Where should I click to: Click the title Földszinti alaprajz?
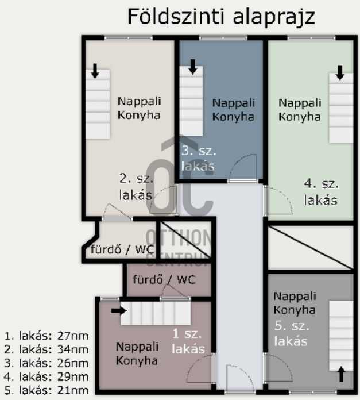coord(221,17)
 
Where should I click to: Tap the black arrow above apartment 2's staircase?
coord(95,71)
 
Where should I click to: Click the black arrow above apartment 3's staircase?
coord(193,67)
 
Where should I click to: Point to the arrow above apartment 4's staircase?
coord(340,73)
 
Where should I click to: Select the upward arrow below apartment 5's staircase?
coord(341,374)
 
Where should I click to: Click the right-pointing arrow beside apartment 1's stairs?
coord(119,311)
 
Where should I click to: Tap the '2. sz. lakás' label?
coord(136,187)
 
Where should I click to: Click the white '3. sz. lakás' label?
coord(199,159)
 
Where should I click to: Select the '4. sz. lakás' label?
coord(321,192)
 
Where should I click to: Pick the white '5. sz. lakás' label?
coord(291,334)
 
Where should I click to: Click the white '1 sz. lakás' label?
coord(188,341)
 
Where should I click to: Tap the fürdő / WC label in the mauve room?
coord(164,280)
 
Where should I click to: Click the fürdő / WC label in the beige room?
coord(122,249)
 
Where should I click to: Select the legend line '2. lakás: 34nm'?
coord(47,349)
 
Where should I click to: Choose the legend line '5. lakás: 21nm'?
coord(47,390)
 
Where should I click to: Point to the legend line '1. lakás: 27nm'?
coord(47,336)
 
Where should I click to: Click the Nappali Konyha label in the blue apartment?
coord(233,110)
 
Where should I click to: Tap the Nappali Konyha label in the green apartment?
coord(300,110)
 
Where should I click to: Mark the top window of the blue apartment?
coord(223,38)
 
